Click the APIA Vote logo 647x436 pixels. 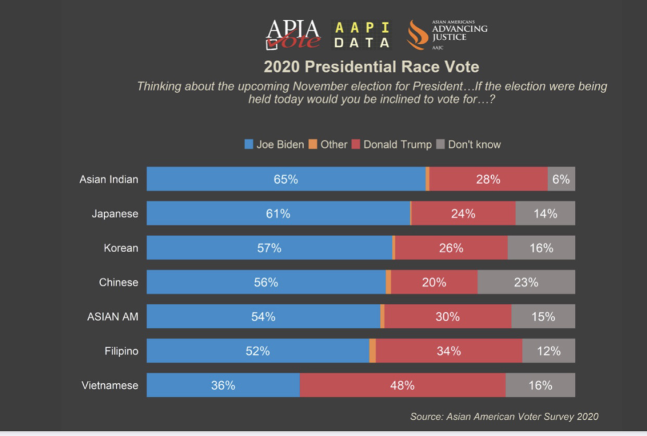[x=293, y=34]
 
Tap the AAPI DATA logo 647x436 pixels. [x=362, y=35]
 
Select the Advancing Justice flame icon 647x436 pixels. [x=418, y=35]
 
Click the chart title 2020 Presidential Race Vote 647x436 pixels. [x=371, y=66]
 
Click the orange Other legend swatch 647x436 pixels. [x=313, y=144]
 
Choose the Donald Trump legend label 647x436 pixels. [x=397, y=144]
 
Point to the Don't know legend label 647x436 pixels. [x=474, y=144]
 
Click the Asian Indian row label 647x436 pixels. [x=108, y=179]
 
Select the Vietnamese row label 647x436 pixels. [x=110, y=385]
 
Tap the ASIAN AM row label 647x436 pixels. [x=113, y=316]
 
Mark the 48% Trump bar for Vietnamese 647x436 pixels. [x=402, y=385]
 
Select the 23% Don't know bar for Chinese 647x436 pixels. [x=526, y=282]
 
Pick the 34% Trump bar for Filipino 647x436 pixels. [x=449, y=351]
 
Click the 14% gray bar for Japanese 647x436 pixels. [x=545, y=213]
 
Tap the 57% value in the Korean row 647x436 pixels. [x=269, y=248]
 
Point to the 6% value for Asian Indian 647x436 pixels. [x=561, y=179]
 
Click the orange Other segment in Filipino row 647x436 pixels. [x=373, y=351]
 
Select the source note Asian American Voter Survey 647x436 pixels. [x=504, y=416]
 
